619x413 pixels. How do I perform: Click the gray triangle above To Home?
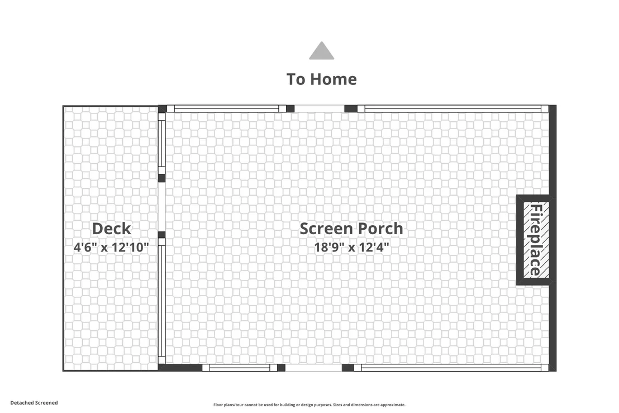click(x=322, y=51)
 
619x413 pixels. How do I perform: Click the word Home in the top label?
click(x=333, y=79)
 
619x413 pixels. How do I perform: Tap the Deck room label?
click(x=111, y=228)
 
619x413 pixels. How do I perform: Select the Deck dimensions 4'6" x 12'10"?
click(x=111, y=247)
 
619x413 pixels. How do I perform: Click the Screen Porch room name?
click(x=351, y=228)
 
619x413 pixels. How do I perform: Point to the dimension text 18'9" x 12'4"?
click(x=351, y=247)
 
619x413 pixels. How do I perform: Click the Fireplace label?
click(x=535, y=239)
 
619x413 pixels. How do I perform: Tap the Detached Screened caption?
click(x=34, y=403)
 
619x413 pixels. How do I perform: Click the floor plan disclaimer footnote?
click(x=309, y=405)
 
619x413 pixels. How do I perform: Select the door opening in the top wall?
click(x=320, y=108)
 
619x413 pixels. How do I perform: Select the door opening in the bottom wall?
click(x=313, y=368)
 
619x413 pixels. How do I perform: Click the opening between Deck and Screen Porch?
click(x=161, y=207)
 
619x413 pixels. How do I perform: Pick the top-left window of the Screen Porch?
click(x=226, y=108)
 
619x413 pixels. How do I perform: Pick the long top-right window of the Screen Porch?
click(x=453, y=108)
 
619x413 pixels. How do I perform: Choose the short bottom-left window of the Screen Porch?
click(x=240, y=368)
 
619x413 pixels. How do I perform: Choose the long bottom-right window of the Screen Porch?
click(x=451, y=368)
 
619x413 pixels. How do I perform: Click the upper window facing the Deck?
click(x=161, y=144)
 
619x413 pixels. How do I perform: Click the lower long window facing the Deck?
click(x=161, y=301)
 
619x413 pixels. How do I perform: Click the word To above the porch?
click(x=296, y=79)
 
